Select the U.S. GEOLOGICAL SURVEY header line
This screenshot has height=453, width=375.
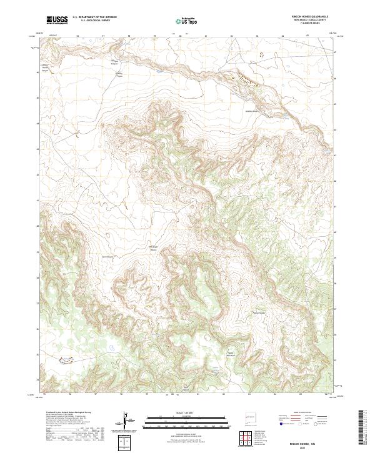pos(94,21)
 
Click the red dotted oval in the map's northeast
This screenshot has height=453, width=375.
pos(261,54)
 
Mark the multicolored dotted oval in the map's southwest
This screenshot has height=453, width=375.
pos(64,359)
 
